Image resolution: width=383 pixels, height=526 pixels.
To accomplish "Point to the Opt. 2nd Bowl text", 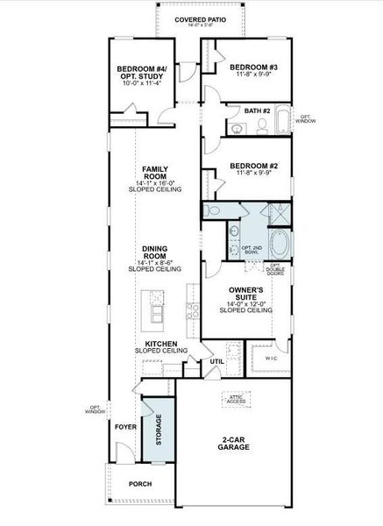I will (252, 250).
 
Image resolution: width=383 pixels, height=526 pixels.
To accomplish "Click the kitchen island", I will (157, 308).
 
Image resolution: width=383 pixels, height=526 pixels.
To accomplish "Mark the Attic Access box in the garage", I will (235, 399).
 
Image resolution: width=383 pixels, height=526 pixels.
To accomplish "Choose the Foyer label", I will (126, 427).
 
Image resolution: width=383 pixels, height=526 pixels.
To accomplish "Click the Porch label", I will (140, 484).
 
